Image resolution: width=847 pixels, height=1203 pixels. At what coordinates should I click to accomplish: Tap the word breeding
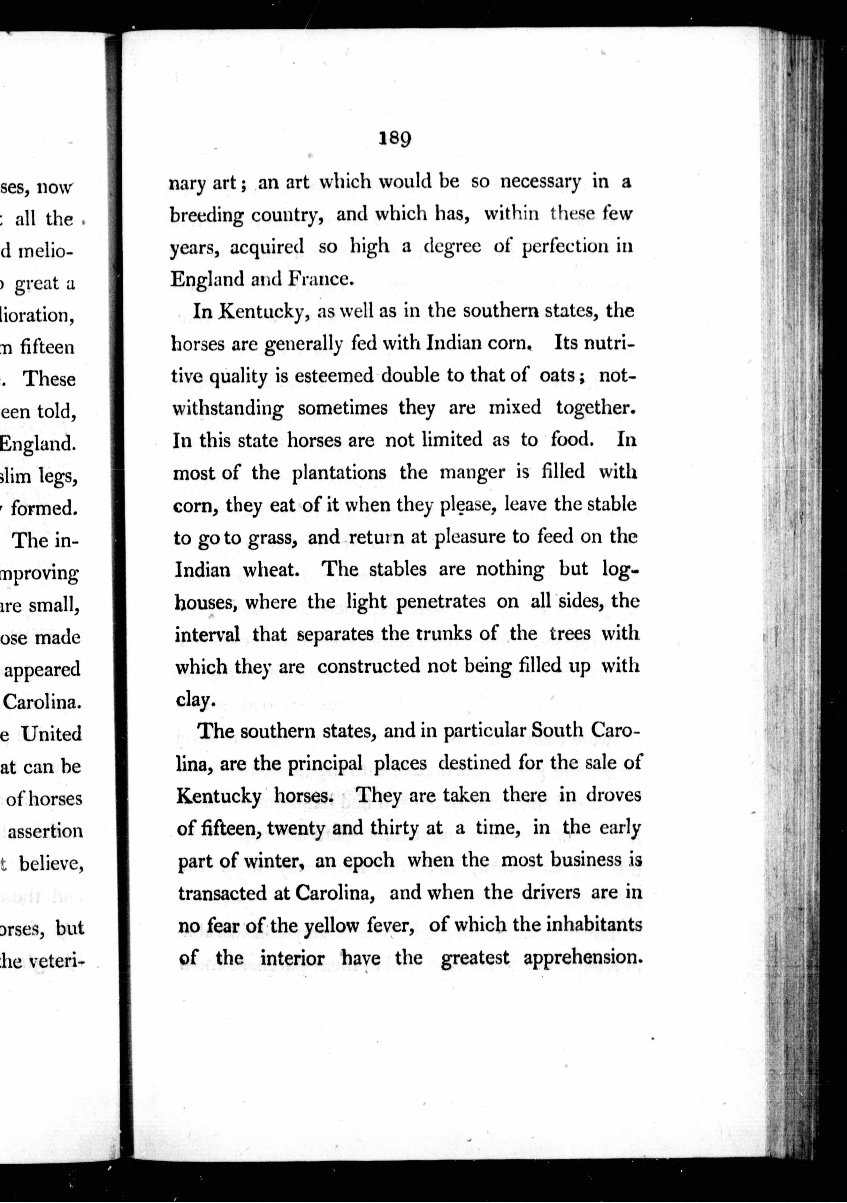pos(207,215)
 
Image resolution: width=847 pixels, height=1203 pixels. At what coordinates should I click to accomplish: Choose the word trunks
pos(449,634)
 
